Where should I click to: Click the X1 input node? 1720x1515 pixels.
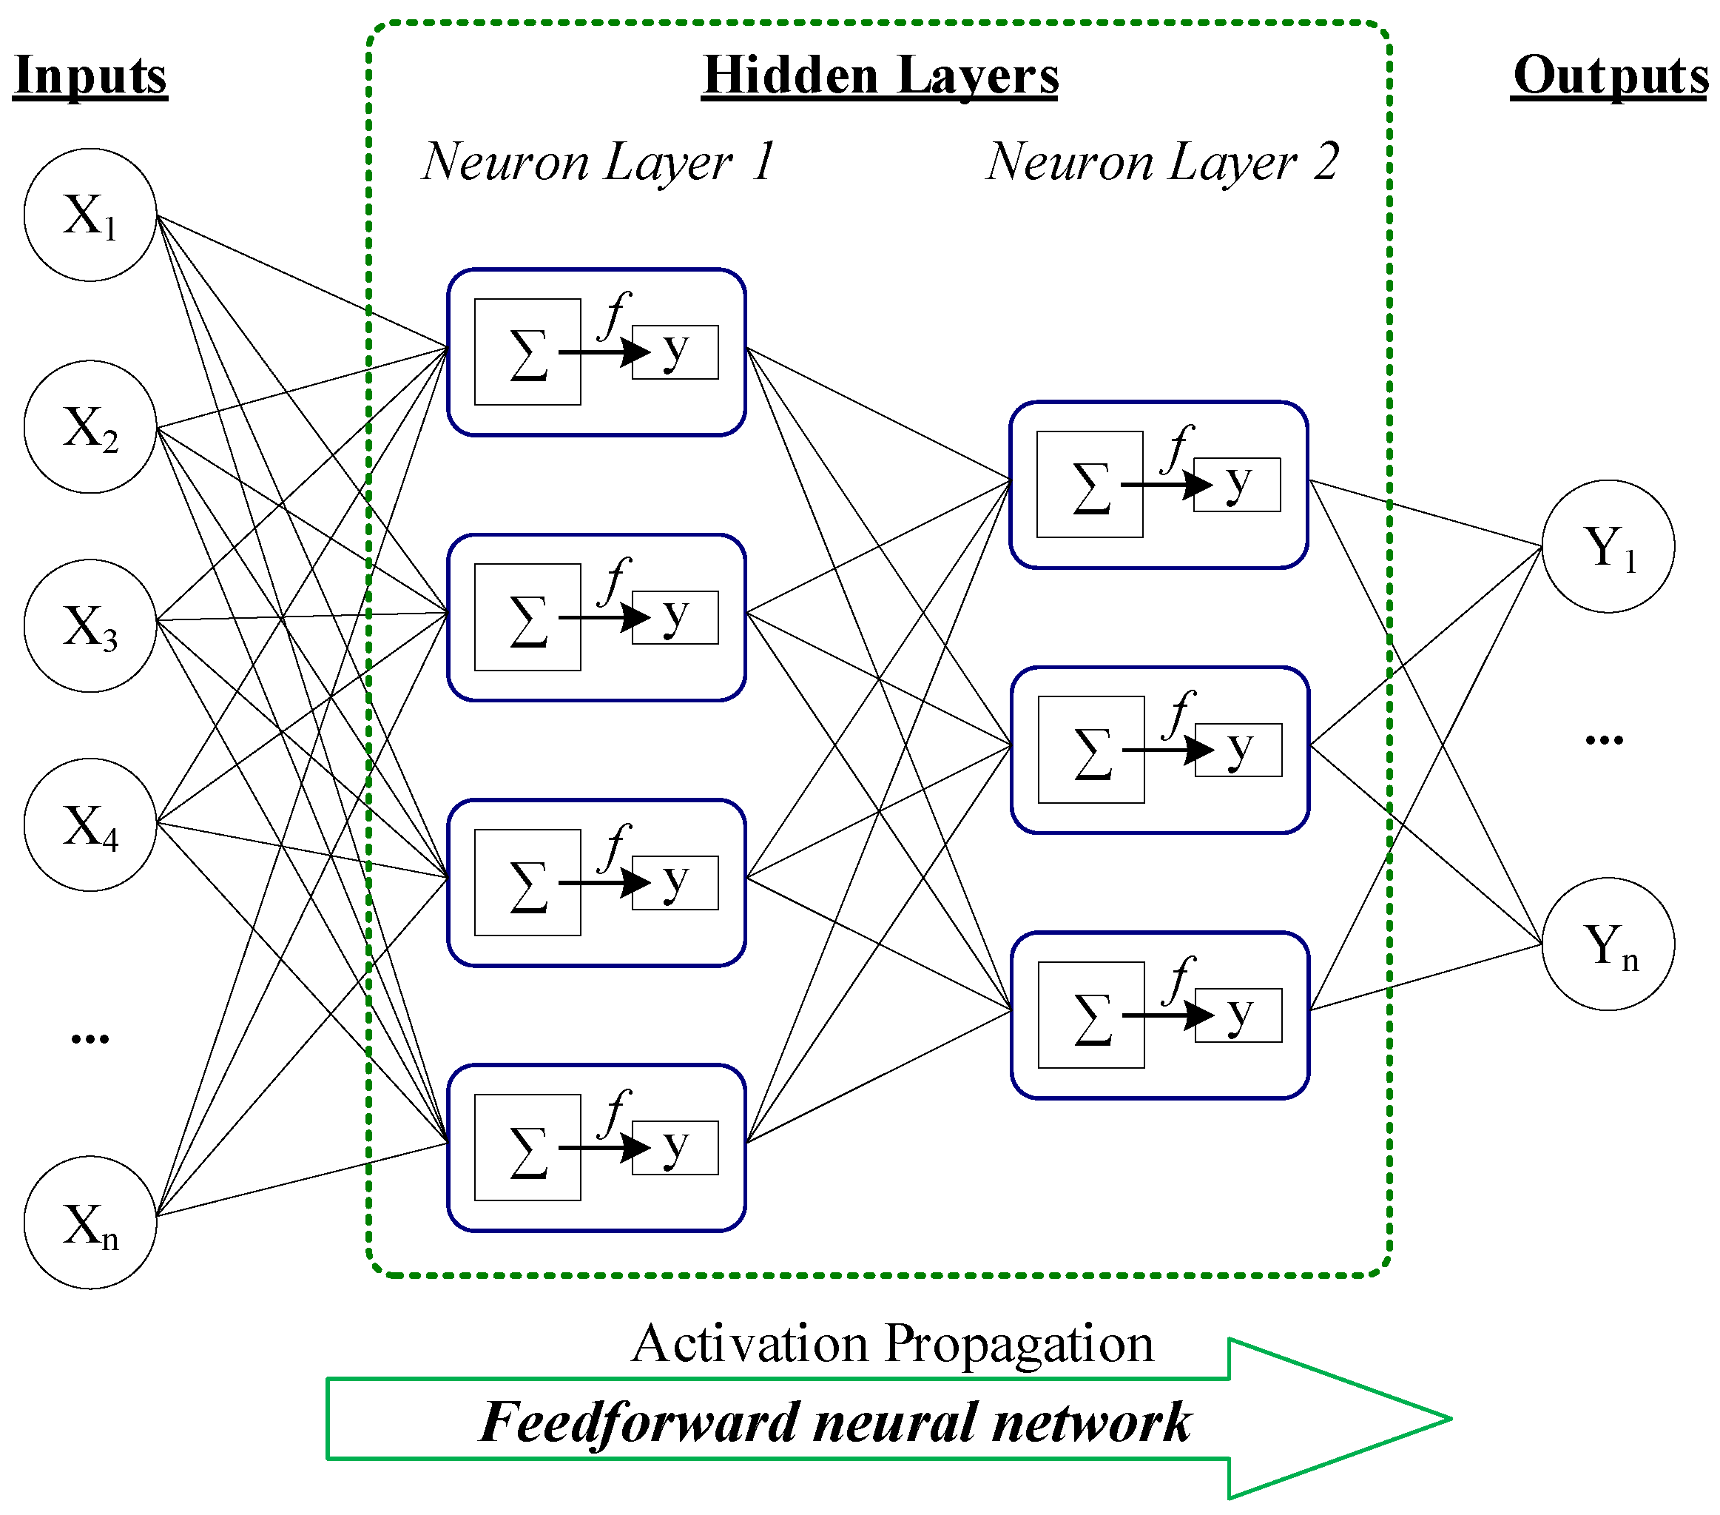(x=90, y=215)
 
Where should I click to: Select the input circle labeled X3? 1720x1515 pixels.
(x=90, y=626)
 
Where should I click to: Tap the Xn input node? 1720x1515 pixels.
(x=90, y=1223)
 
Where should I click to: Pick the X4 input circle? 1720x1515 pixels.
(x=90, y=824)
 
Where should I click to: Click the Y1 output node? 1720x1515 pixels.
(x=1608, y=546)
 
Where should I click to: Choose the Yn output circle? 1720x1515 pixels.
(x=1608, y=944)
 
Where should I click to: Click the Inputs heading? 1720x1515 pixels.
(x=90, y=75)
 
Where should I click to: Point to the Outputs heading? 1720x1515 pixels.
(x=1609, y=75)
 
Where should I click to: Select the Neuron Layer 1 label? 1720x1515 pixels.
(x=598, y=161)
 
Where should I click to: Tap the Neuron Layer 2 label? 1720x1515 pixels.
(x=1161, y=161)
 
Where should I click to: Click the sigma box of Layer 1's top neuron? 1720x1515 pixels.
(x=527, y=352)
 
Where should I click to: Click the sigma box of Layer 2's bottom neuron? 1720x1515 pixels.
(x=1090, y=1015)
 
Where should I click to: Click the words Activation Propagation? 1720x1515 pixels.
(x=892, y=1343)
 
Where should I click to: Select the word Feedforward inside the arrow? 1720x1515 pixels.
(x=639, y=1423)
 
